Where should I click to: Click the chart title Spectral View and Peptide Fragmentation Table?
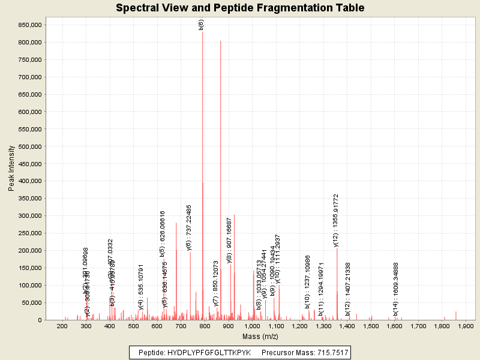(240, 8)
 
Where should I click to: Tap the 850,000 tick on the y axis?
(28, 25)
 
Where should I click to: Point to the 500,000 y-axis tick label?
(28, 146)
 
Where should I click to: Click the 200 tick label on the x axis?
(62, 326)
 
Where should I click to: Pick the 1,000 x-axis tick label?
(252, 326)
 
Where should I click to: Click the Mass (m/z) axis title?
(260, 337)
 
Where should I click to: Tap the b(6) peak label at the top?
(202, 25)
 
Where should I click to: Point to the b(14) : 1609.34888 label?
(395, 289)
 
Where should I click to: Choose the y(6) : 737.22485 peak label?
(189, 227)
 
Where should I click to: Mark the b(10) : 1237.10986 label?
(307, 282)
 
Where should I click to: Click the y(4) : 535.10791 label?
(141, 287)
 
